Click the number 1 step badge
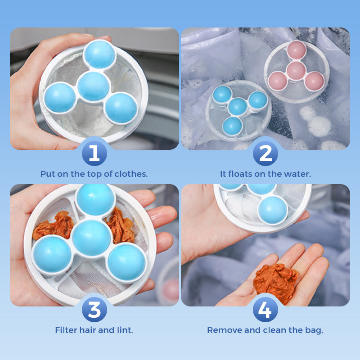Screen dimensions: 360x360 click(94, 153)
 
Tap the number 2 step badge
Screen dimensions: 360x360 click(265, 153)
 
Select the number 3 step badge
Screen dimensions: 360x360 click(94, 310)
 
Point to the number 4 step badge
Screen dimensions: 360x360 click(265, 310)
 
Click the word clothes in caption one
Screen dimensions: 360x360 click(133, 174)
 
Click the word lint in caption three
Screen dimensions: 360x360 click(125, 330)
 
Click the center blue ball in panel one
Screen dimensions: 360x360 click(93, 86)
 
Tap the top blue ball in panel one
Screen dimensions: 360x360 click(99, 54)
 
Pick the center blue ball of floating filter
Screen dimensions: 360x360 click(237, 106)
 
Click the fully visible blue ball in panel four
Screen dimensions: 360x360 click(273, 209)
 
